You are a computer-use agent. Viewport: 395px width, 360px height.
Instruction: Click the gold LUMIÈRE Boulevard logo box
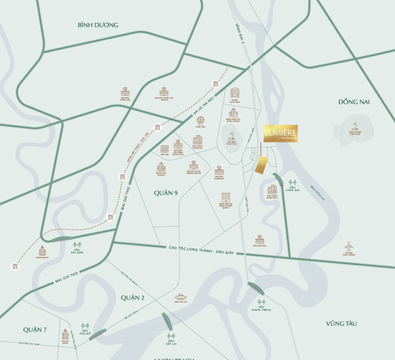coord(281,133)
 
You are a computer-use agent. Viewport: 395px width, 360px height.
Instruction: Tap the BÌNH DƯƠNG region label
coord(98,25)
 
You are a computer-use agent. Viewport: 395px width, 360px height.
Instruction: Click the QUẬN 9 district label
coord(166,193)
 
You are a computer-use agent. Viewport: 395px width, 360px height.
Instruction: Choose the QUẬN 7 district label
coord(35,330)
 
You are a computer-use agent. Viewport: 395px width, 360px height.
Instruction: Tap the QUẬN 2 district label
coord(133,298)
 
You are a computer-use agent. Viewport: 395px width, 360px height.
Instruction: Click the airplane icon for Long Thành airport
coord(349,246)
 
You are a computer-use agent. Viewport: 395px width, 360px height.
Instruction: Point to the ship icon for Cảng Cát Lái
coord(181,296)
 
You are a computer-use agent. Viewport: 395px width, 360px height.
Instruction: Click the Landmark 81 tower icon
coord(42,249)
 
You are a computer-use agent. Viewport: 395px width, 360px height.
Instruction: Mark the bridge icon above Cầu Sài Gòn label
coord(77,245)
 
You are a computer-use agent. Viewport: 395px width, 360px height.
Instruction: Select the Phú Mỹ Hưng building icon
coord(65,334)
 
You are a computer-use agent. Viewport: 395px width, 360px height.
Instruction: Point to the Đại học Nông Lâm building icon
coord(126,91)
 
